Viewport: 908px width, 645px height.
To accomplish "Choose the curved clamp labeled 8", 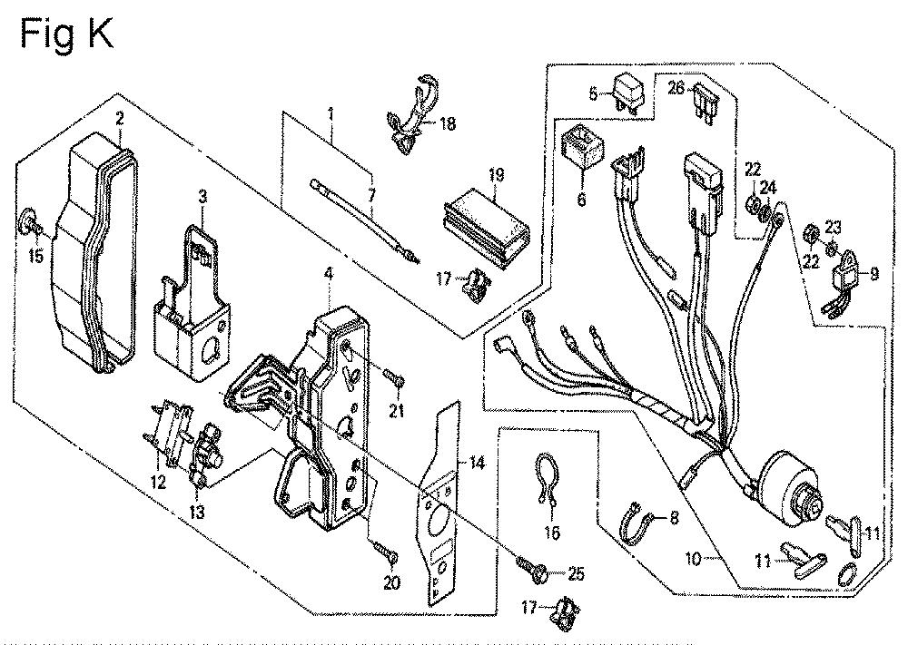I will point(637,525).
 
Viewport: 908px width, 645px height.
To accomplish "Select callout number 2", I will point(119,118).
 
